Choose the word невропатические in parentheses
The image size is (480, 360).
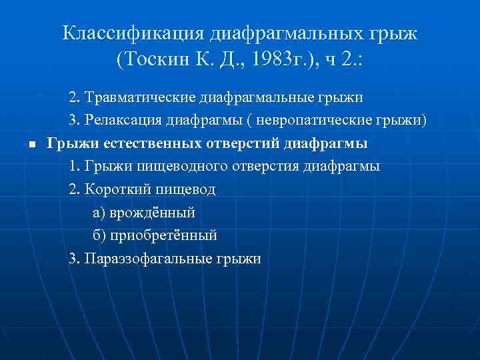pos(326,121)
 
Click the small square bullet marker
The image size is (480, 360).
pos(31,145)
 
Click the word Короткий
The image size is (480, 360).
pos(118,189)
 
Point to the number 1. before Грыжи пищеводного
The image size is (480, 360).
pos(74,166)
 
